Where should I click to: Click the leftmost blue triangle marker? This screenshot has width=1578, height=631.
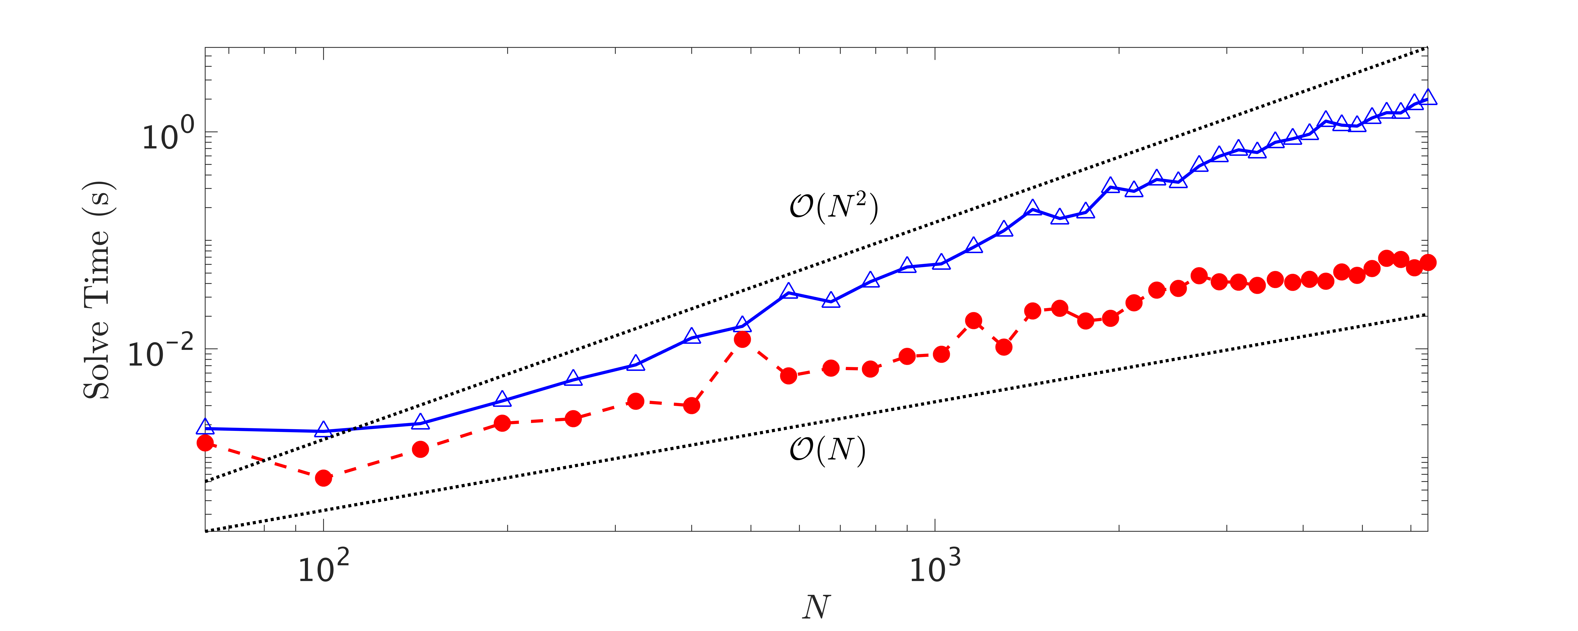tap(205, 427)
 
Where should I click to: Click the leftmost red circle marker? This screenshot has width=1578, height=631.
tap(205, 442)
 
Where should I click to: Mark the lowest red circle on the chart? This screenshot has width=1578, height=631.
tap(323, 478)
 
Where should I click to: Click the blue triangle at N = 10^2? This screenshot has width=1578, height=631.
tap(323, 430)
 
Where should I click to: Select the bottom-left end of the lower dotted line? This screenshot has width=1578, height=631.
tap(206, 530)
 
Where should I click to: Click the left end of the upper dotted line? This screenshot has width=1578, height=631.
tap(206, 481)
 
